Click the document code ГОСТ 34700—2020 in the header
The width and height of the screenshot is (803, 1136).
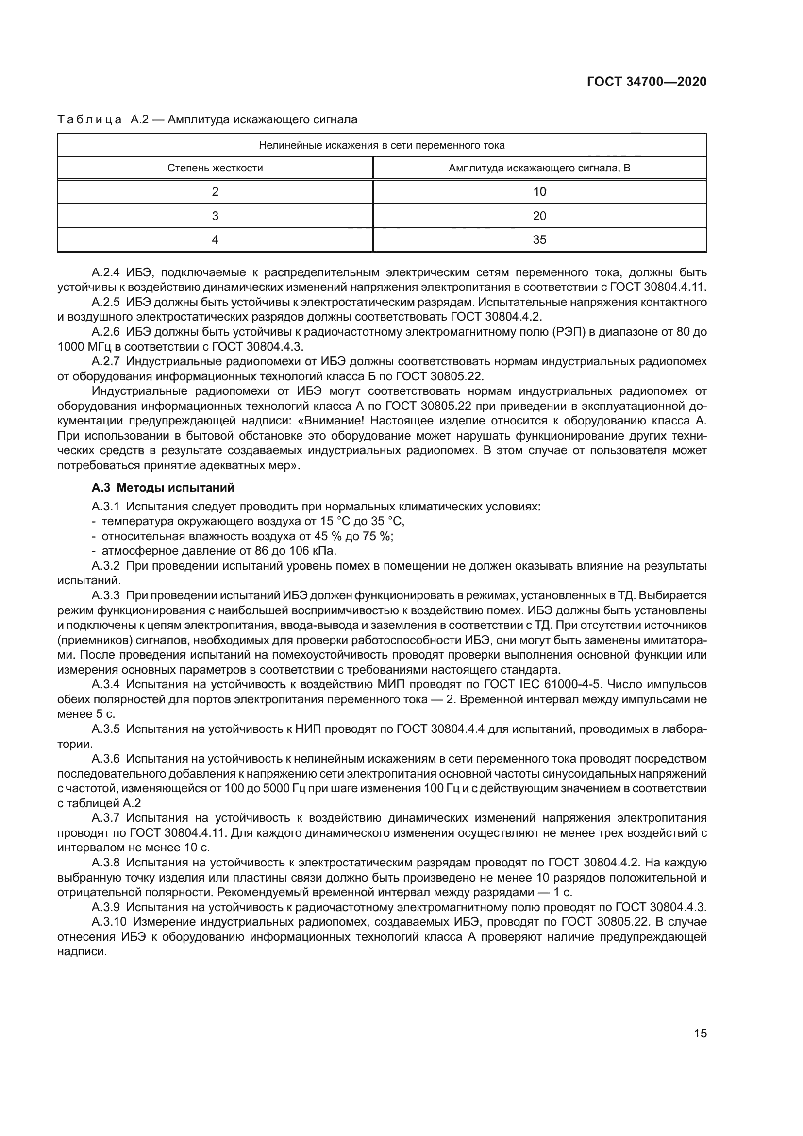(646, 82)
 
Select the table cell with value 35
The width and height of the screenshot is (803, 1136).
(539, 240)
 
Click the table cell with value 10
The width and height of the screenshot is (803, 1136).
(539, 192)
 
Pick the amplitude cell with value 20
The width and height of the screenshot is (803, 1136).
(539, 216)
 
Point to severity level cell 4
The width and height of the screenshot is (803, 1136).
(215, 240)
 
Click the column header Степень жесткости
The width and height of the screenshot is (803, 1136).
(215, 168)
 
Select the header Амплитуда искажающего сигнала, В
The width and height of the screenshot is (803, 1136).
(539, 168)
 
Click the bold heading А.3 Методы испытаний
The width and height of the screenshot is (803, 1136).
(163, 488)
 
